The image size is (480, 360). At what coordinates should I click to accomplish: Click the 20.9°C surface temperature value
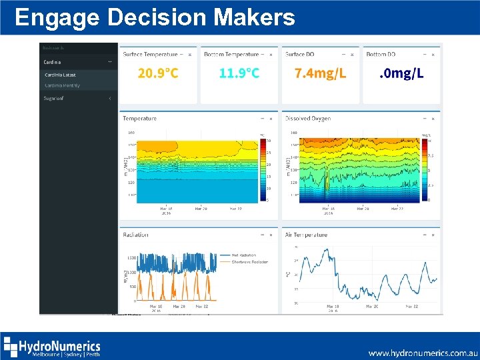click(158, 73)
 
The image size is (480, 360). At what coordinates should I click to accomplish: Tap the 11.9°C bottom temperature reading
click(239, 73)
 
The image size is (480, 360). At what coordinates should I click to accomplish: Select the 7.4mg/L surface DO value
click(321, 73)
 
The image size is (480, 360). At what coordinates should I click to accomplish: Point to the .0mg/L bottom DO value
click(401, 73)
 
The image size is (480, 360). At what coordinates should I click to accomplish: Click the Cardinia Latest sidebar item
click(60, 75)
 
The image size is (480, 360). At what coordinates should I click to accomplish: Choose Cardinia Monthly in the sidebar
click(62, 85)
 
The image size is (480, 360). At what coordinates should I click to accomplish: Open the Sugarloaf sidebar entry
click(54, 99)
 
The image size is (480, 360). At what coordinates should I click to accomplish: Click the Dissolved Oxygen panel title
click(307, 119)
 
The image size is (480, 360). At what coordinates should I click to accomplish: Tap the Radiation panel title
click(135, 235)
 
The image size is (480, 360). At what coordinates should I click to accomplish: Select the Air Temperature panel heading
click(307, 235)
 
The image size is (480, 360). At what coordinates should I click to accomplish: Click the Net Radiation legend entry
click(243, 255)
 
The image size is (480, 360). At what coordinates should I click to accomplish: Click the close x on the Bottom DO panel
click(433, 55)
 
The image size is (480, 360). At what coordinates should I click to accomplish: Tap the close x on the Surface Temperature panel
click(190, 55)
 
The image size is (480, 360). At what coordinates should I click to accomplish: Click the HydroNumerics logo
click(52, 347)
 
